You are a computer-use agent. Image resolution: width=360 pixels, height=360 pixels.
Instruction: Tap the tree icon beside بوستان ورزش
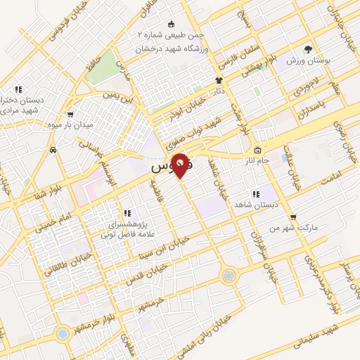point(307,49)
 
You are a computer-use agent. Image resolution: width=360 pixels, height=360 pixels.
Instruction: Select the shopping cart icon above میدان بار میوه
point(70,114)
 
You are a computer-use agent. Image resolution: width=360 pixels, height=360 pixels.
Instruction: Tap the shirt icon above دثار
point(219,80)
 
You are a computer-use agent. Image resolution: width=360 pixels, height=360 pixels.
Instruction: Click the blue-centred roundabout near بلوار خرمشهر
point(63,333)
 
